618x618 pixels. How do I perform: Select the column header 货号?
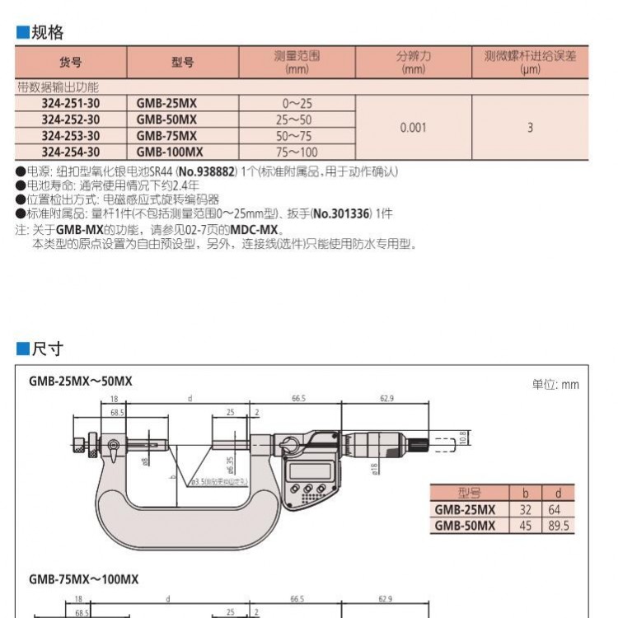pyautogui.click(x=71, y=63)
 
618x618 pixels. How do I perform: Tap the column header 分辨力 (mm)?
pyautogui.click(x=413, y=63)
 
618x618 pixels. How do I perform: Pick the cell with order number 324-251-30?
pyautogui.click(x=71, y=104)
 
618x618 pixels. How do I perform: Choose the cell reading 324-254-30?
pyautogui.click(x=71, y=152)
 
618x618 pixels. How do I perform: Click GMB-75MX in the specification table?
pyautogui.click(x=166, y=136)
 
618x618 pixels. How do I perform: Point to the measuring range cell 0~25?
pyautogui.click(x=297, y=104)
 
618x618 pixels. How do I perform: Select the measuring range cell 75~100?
pyautogui.click(x=297, y=152)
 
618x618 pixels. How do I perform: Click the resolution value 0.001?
pyautogui.click(x=413, y=128)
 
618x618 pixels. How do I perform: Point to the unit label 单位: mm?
pyautogui.click(x=555, y=384)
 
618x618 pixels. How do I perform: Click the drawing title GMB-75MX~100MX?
pyautogui.click(x=84, y=579)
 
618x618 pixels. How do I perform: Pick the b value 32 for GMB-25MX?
pyautogui.click(x=525, y=510)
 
